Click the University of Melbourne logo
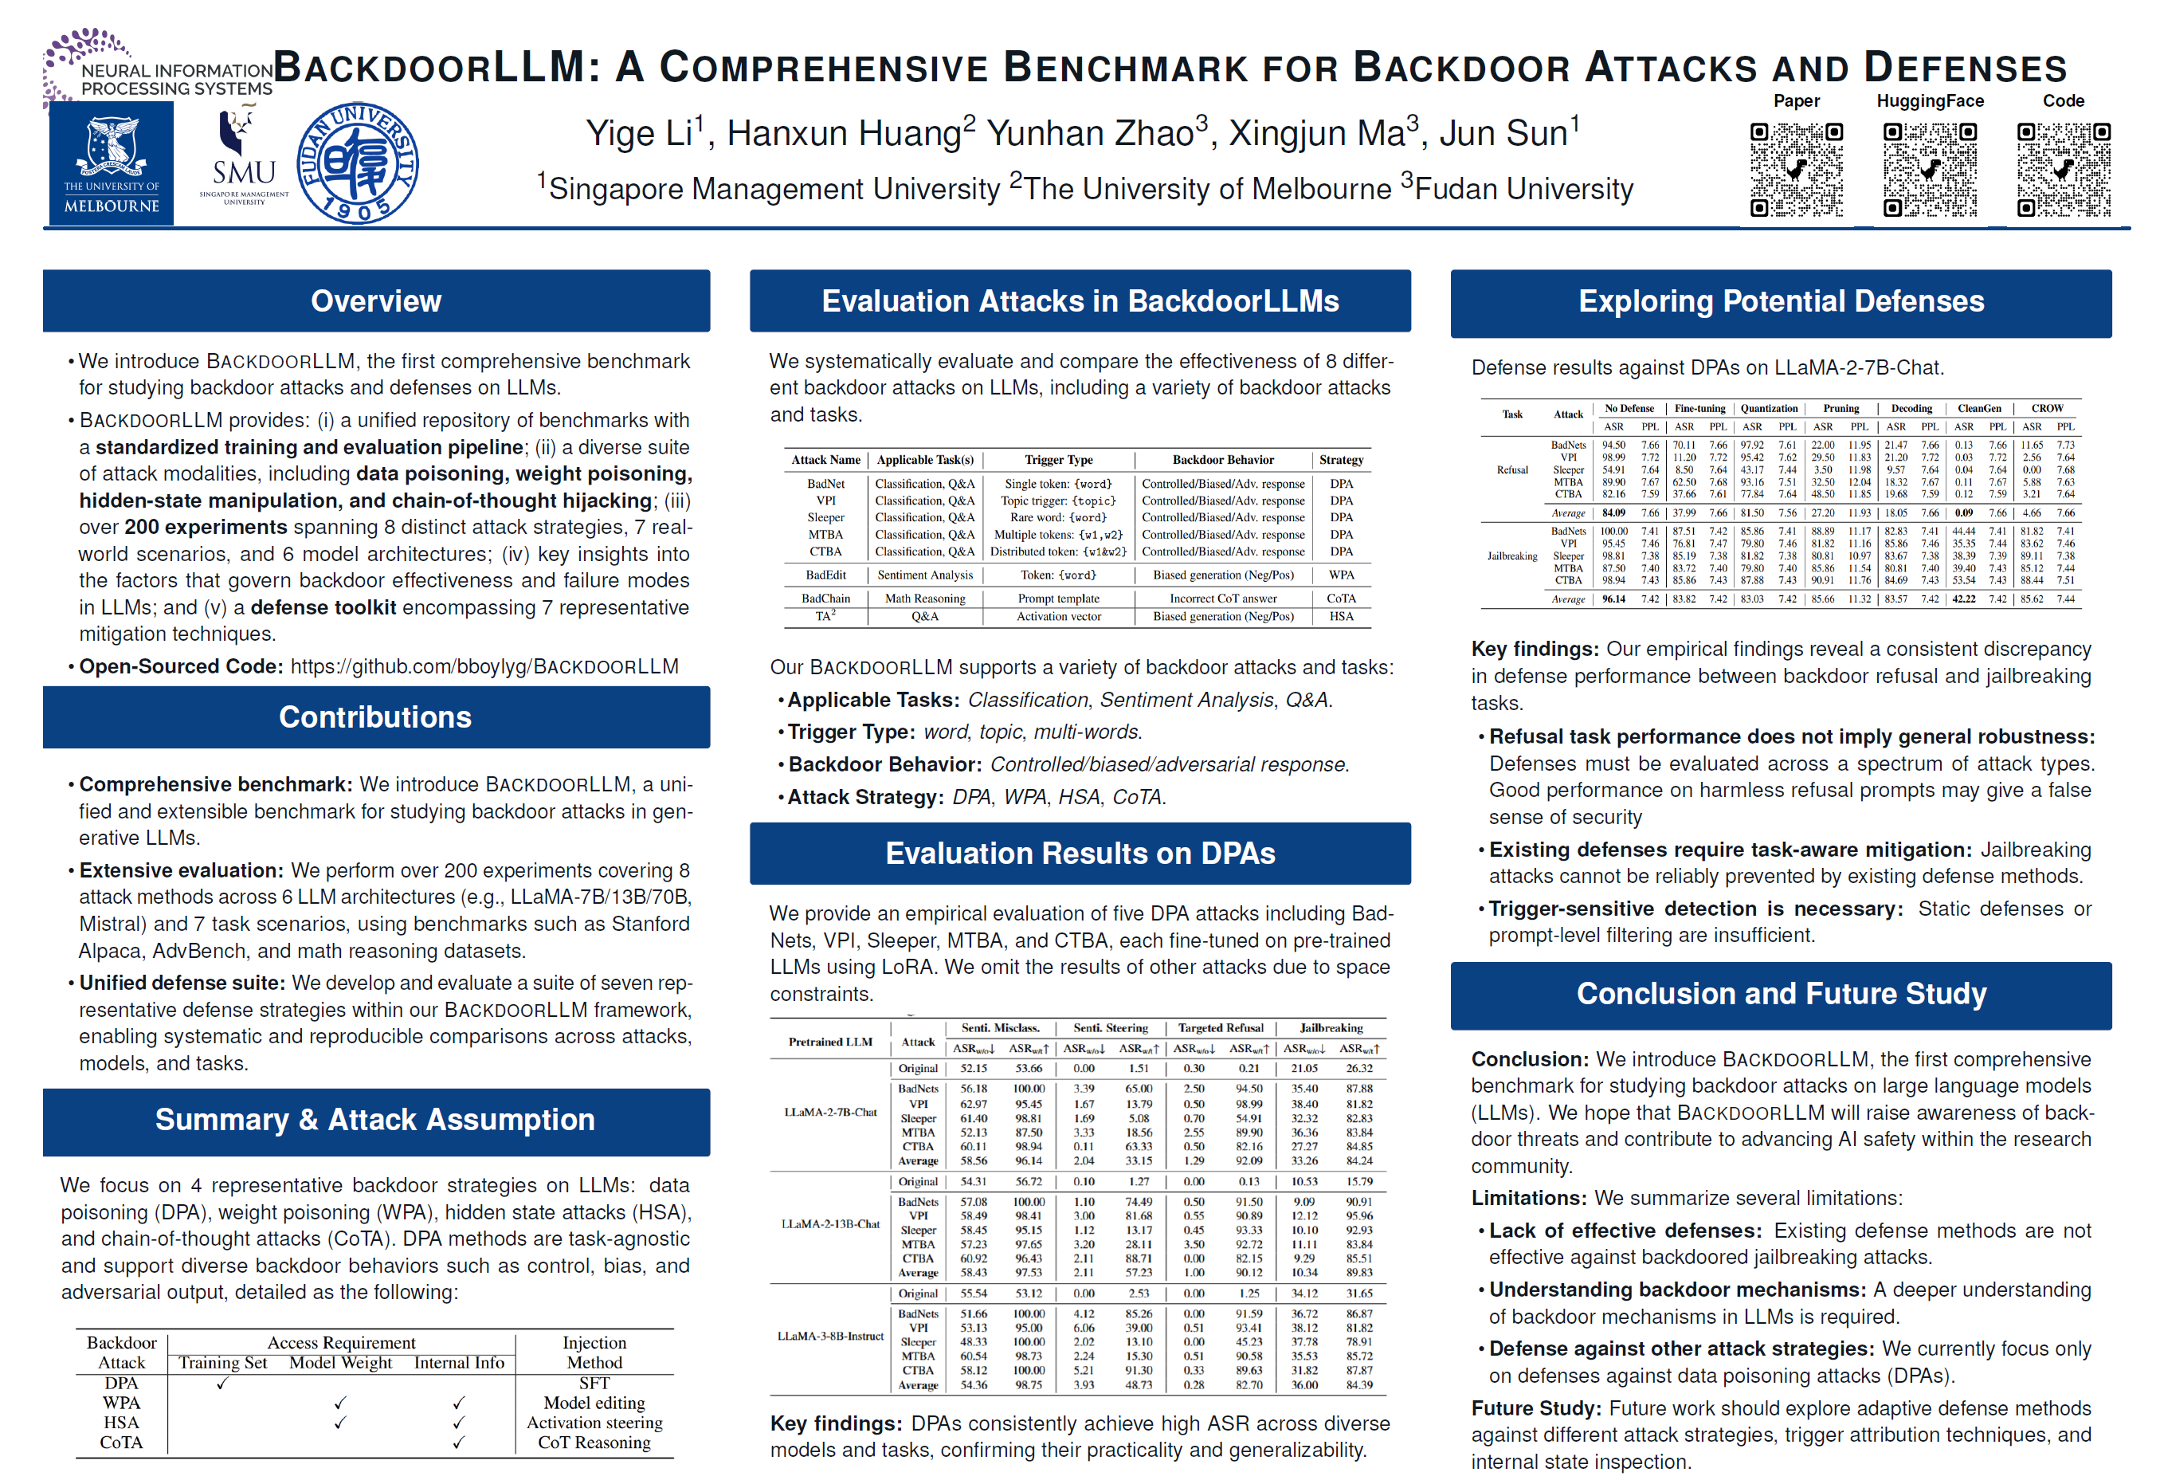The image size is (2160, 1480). click(111, 163)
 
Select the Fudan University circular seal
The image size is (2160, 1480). click(358, 163)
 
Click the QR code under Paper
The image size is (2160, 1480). click(1796, 169)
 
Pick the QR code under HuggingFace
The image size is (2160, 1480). click(1930, 169)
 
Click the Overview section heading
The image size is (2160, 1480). click(375, 301)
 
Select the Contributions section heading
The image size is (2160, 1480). click(375, 716)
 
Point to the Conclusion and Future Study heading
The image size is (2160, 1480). click(1781, 994)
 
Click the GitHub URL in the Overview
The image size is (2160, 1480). click(484, 666)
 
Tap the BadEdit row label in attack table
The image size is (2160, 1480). click(825, 575)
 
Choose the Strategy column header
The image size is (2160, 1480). click(1340, 460)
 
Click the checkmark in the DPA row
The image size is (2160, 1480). click(222, 1384)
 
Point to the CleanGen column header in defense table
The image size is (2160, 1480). click(1979, 408)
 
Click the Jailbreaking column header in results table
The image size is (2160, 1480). click(1331, 1028)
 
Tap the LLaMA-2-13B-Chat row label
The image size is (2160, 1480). click(830, 1224)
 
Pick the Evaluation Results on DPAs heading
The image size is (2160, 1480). click(1080, 854)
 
